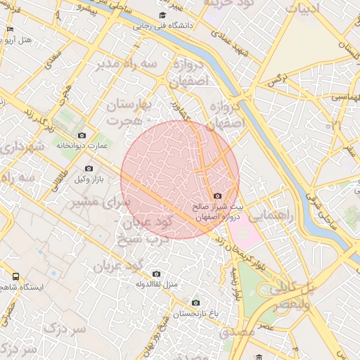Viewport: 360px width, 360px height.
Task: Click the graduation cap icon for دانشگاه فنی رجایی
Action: [162, 15]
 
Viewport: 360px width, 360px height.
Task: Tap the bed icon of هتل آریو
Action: [9, 29]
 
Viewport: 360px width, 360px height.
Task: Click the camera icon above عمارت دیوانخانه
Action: [82, 135]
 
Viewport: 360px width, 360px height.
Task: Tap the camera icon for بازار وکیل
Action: [89, 168]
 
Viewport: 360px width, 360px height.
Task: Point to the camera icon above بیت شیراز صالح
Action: [217, 195]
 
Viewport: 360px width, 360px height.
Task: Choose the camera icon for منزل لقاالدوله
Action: [156, 274]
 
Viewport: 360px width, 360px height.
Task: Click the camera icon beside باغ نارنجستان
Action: [195, 302]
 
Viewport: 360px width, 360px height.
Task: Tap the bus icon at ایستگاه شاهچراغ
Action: [16, 276]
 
